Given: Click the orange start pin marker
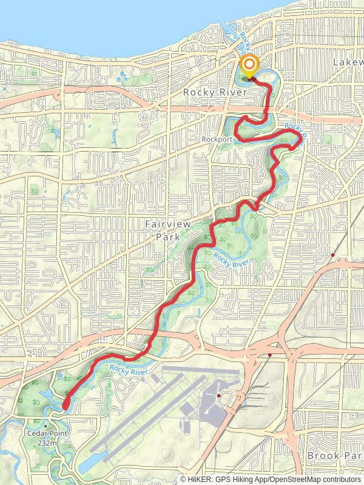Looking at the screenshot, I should pos(249,66).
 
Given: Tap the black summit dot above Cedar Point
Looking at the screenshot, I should pos(45,426).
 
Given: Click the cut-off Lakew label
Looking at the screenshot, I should pos(348,62).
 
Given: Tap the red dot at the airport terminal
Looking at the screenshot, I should pos(218,396).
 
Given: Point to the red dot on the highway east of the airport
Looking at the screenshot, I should pos(269,355).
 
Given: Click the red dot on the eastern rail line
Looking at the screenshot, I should pos(333,254).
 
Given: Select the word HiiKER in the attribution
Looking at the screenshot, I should pos(201,479).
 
